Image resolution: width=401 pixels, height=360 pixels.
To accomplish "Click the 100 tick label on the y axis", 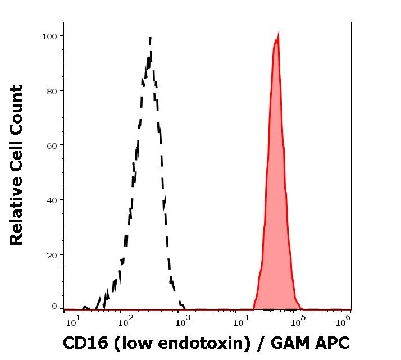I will pyautogui.click(x=49, y=36).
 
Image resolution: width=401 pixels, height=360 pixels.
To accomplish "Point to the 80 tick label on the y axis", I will pyautogui.click(x=52, y=90).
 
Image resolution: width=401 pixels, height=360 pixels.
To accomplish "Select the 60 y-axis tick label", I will pyautogui.click(x=52, y=145).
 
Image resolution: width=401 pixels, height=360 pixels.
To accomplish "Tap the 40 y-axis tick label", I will pyautogui.click(x=52, y=200).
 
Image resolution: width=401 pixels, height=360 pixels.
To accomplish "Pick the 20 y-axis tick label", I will pyautogui.click(x=52, y=254).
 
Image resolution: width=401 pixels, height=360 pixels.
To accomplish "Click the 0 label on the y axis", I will pyautogui.click(x=54, y=307).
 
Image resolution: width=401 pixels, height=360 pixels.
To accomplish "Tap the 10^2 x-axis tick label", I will pyautogui.click(x=124, y=321).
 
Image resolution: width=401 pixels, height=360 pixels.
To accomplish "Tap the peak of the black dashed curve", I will pyautogui.click(x=151, y=38).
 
